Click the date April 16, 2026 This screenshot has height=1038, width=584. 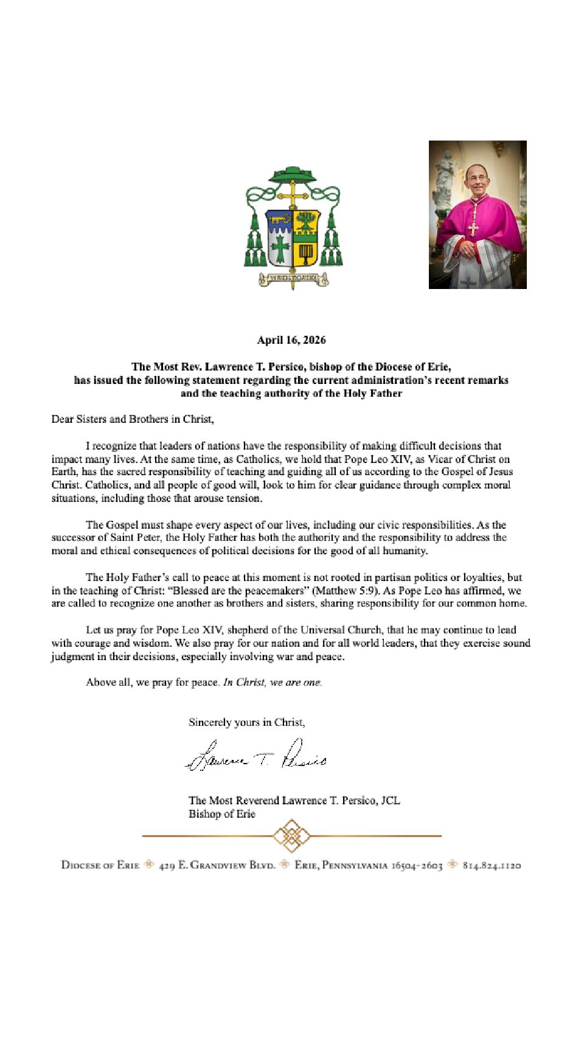291,340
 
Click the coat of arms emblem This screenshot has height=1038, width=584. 293,231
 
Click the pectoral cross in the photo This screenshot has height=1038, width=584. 473,229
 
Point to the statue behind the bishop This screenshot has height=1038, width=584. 445,176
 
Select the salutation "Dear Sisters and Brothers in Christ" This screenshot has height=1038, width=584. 133,419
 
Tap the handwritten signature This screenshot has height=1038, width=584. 256,756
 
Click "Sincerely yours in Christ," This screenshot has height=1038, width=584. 246,722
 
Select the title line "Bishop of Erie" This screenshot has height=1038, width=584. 221,814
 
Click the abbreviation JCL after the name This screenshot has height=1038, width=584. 390,801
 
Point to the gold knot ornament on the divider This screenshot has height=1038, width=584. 291,836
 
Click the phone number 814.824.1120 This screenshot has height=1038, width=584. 492,865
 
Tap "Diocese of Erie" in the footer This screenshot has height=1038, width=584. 100,865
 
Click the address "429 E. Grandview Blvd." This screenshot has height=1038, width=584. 217,865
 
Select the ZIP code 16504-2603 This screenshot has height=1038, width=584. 417,865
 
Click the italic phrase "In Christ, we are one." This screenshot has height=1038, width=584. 273,683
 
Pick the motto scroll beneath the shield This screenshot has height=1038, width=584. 293,279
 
